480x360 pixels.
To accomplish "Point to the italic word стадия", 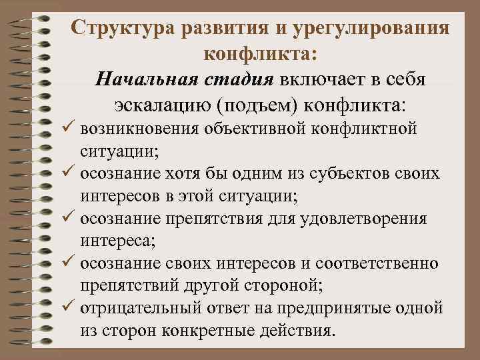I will coord(232,80).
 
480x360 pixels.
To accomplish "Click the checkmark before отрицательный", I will coord(69,308).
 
